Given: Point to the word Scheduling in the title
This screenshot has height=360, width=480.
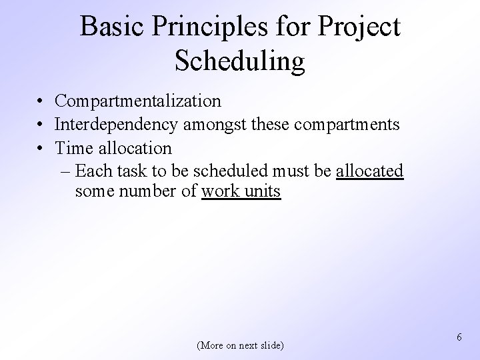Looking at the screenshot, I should tap(239, 61).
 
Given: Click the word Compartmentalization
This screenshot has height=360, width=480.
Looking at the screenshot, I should tap(138, 101).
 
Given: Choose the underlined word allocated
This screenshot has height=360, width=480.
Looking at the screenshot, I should tap(370, 171).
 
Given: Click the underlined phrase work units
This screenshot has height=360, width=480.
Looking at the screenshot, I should tap(241, 193).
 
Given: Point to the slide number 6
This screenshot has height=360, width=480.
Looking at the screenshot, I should tap(460, 338).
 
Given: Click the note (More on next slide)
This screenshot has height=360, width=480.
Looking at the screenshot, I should tap(240, 345).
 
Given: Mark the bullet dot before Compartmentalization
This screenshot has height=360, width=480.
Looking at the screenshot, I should tap(41, 101).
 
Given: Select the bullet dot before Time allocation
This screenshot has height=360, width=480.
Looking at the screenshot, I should tap(41, 147).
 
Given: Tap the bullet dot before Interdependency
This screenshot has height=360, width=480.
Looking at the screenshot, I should tap(41, 125).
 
